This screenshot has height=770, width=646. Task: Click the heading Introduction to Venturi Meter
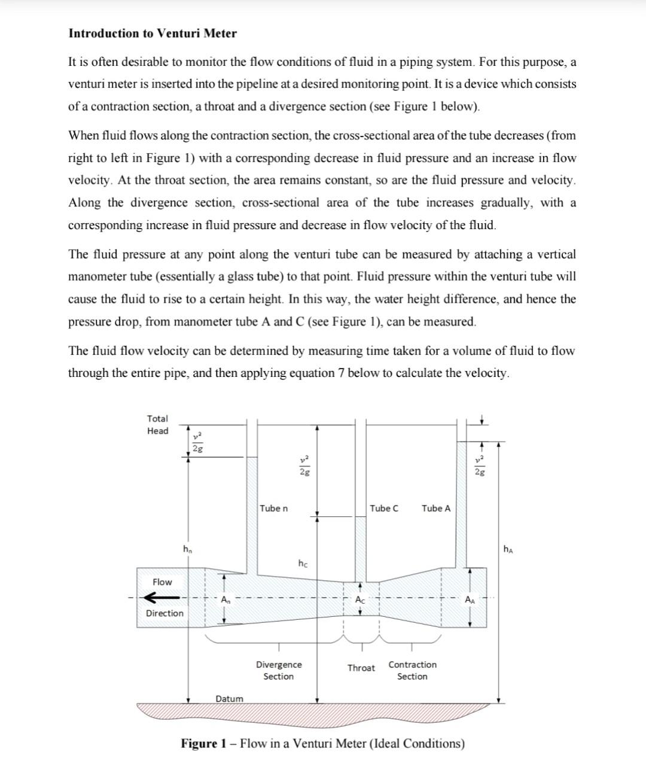tap(153, 34)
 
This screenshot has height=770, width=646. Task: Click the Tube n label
tap(274, 508)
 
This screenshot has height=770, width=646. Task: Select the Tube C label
tap(384, 508)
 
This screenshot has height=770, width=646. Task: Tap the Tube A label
tap(436, 508)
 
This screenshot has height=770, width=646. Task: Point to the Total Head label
tap(158, 425)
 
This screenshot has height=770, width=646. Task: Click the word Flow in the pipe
tap(162, 582)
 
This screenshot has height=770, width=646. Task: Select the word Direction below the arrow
tap(165, 613)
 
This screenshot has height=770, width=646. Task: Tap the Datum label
tap(230, 699)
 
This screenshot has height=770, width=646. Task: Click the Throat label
tap(361, 668)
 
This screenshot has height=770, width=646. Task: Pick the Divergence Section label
tap(279, 671)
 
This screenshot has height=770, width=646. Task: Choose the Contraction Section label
tap(412, 671)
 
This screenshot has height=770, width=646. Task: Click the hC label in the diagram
tap(303, 563)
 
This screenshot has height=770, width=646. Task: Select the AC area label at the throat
tap(360, 599)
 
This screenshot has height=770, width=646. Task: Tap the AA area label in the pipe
tap(470, 599)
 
